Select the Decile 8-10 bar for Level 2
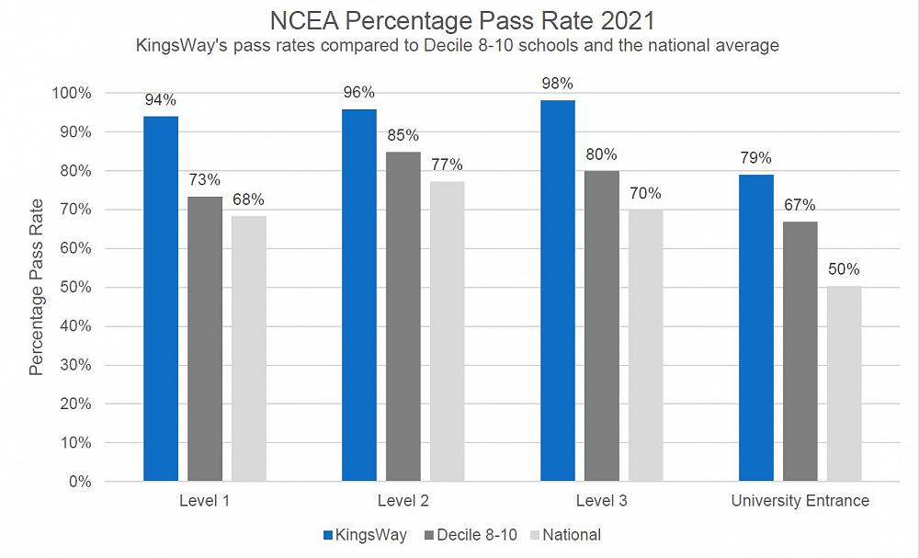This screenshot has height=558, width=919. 403,316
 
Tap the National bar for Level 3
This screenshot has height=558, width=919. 645,346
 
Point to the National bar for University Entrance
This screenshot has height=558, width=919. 844,384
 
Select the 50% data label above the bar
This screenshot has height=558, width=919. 844,269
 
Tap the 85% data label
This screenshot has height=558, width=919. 403,136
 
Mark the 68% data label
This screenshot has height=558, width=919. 248,199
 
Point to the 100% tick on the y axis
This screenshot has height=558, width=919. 72,93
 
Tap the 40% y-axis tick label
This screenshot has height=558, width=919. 75,326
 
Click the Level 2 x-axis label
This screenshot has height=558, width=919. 403,501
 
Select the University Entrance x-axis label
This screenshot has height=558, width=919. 800,501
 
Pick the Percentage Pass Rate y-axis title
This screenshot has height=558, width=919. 37,287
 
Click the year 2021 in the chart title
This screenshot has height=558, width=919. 624,20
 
